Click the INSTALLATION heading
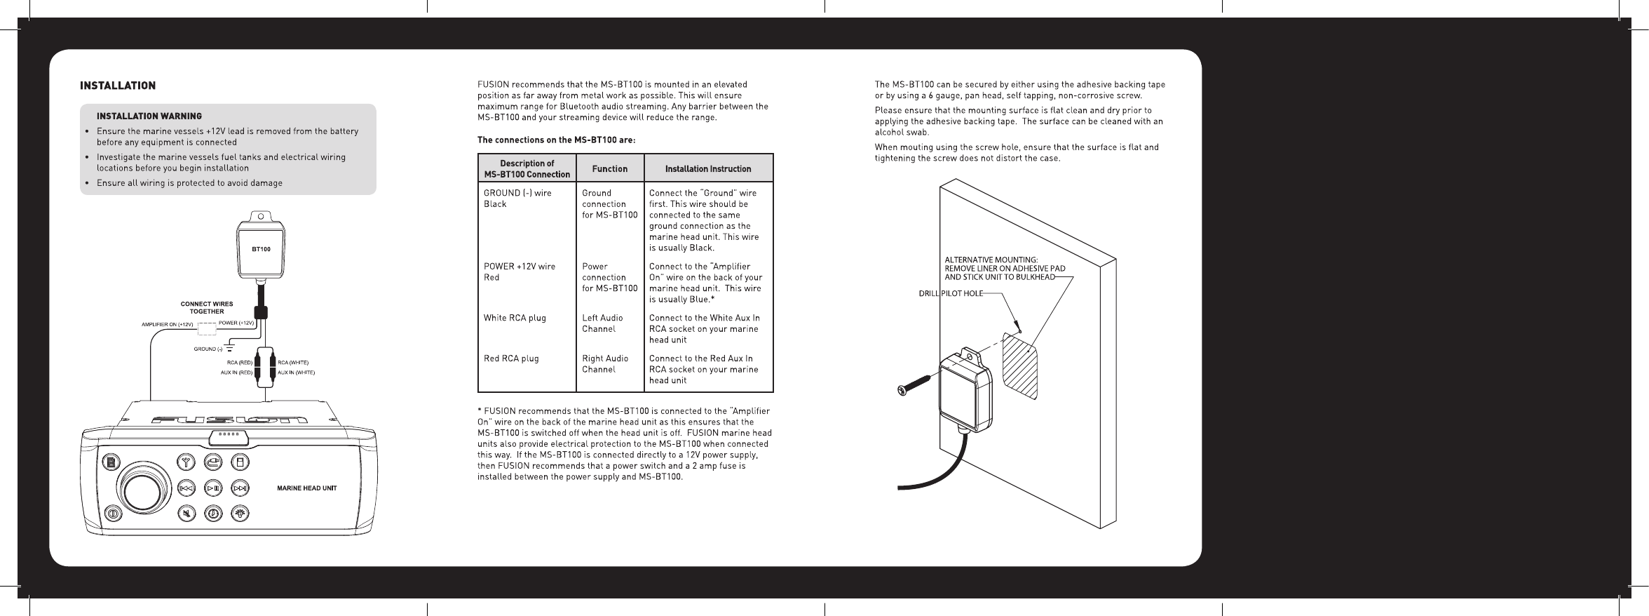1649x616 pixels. [x=118, y=86]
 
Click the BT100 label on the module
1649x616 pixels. [x=261, y=249]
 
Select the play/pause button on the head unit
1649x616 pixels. [x=214, y=488]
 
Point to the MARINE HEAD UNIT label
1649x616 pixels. [x=307, y=488]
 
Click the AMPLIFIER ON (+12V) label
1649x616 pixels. [x=168, y=324]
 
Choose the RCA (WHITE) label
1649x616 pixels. [x=293, y=362]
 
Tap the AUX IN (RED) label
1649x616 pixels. [x=236, y=373]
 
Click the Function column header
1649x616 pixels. [x=610, y=169]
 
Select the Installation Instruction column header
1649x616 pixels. [x=708, y=169]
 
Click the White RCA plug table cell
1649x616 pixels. [x=515, y=318]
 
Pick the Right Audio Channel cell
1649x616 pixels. [x=605, y=364]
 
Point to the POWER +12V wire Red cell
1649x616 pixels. [x=520, y=272]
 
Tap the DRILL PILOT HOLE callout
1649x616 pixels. [x=951, y=293]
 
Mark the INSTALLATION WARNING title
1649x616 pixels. [x=149, y=116]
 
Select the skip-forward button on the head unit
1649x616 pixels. [x=240, y=488]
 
